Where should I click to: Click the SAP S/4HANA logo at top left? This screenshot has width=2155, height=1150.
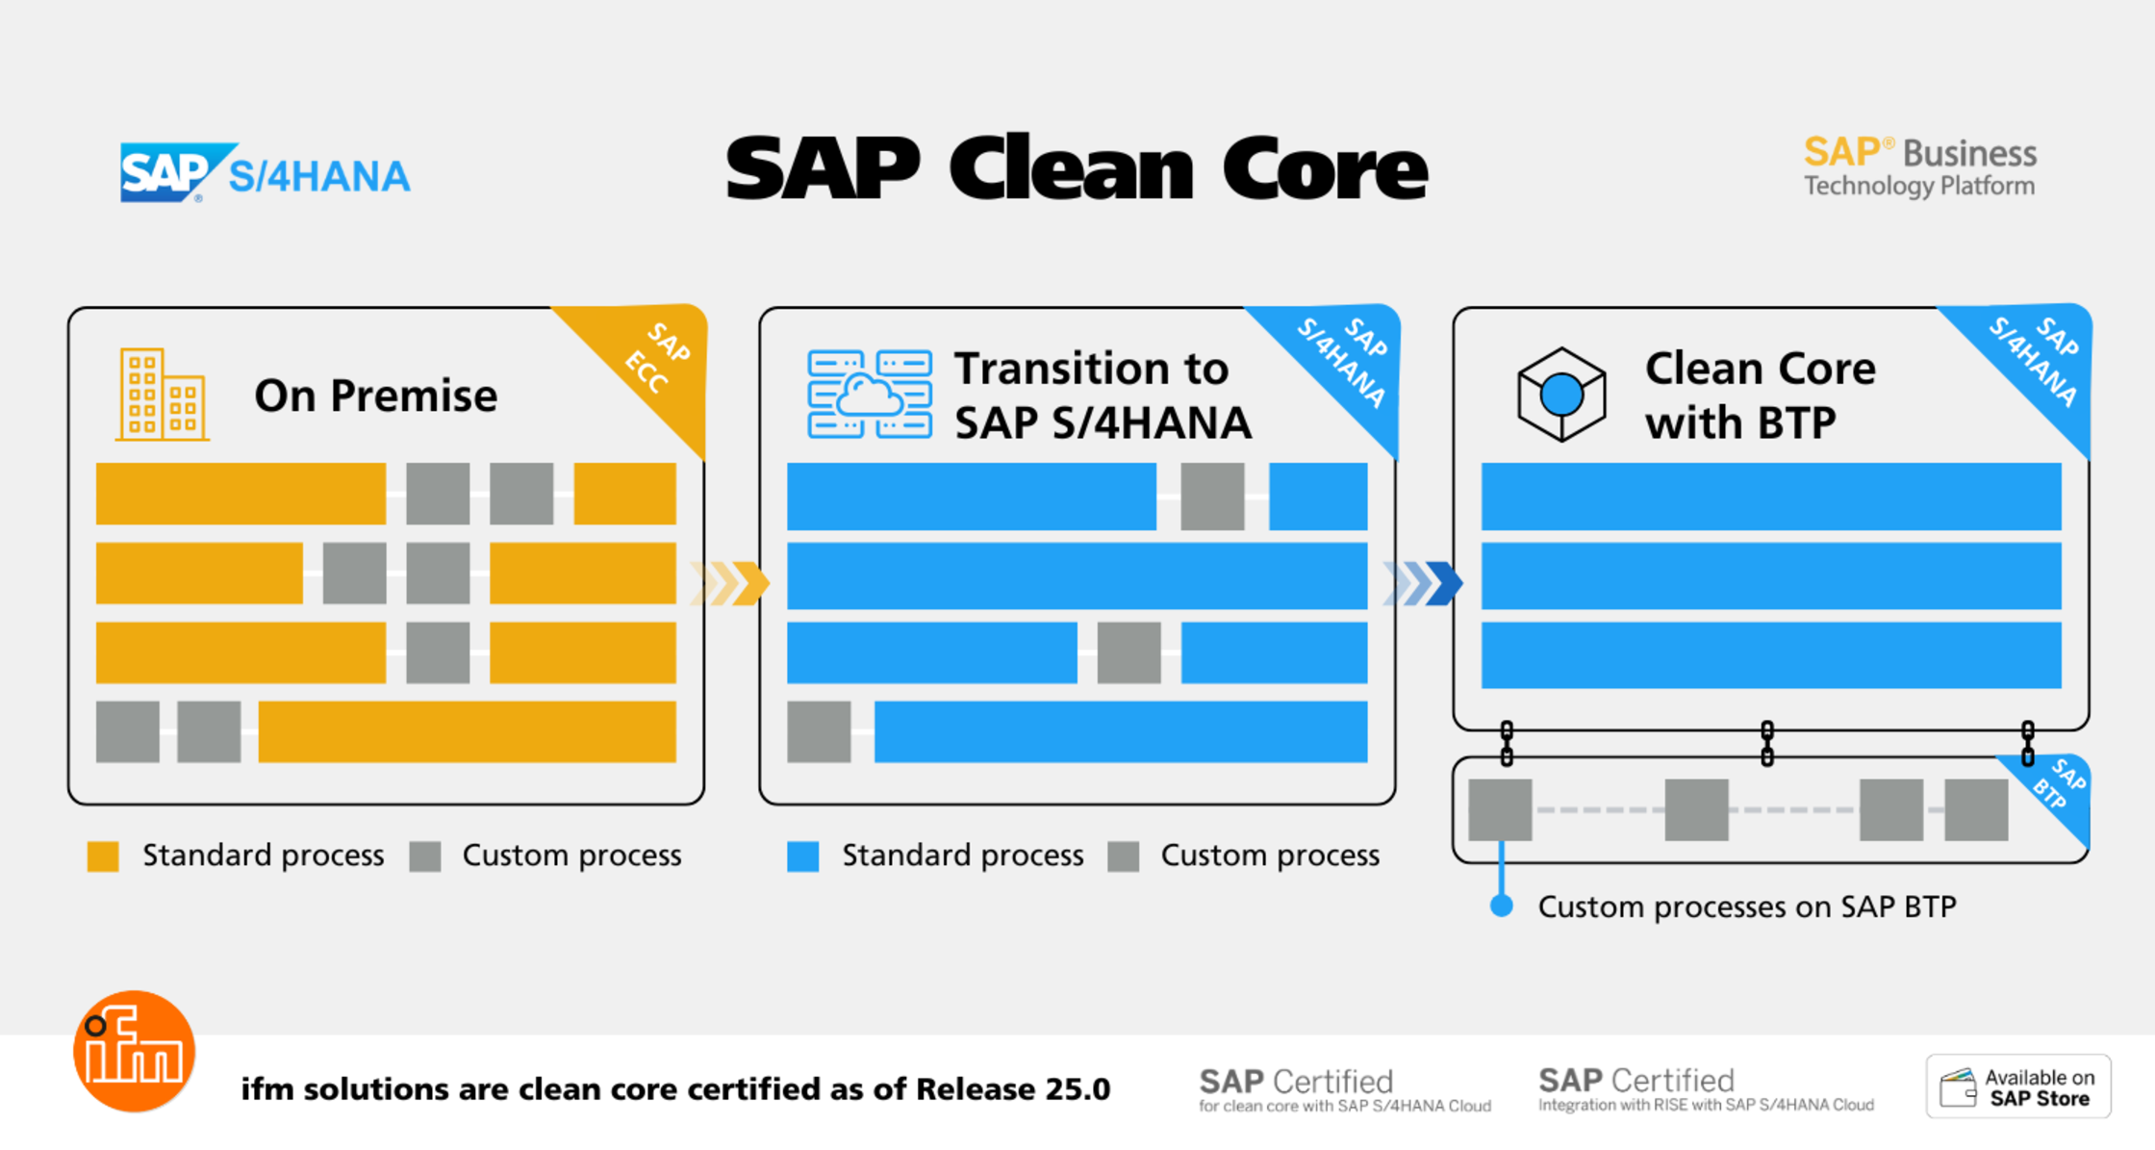tap(265, 173)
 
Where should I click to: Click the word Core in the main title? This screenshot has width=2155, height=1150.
tap(1325, 170)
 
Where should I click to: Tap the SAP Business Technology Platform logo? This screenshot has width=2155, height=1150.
tap(1919, 167)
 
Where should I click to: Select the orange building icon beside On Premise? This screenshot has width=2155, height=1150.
tap(162, 395)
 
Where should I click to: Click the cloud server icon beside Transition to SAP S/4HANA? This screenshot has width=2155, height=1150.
tap(870, 395)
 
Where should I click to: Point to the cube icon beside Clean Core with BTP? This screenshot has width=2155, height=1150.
tap(1560, 395)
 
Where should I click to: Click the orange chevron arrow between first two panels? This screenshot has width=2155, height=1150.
tap(731, 582)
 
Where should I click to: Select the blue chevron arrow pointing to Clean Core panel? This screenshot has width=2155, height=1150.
tap(1424, 582)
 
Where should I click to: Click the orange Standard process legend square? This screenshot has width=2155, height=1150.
tap(103, 856)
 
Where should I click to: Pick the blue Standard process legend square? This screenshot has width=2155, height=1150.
tap(802, 856)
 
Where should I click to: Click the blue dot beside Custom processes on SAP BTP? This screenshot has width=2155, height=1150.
tap(1501, 906)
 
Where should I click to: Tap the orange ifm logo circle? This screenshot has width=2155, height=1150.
tap(135, 1052)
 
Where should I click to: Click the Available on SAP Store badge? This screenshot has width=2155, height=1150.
tap(2018, 1087)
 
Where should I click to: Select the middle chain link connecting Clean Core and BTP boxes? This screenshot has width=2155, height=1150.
tap(1766, 743)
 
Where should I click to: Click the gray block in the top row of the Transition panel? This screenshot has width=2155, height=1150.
tap(1212, 497)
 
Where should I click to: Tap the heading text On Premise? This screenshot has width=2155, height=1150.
tap(375, 396)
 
